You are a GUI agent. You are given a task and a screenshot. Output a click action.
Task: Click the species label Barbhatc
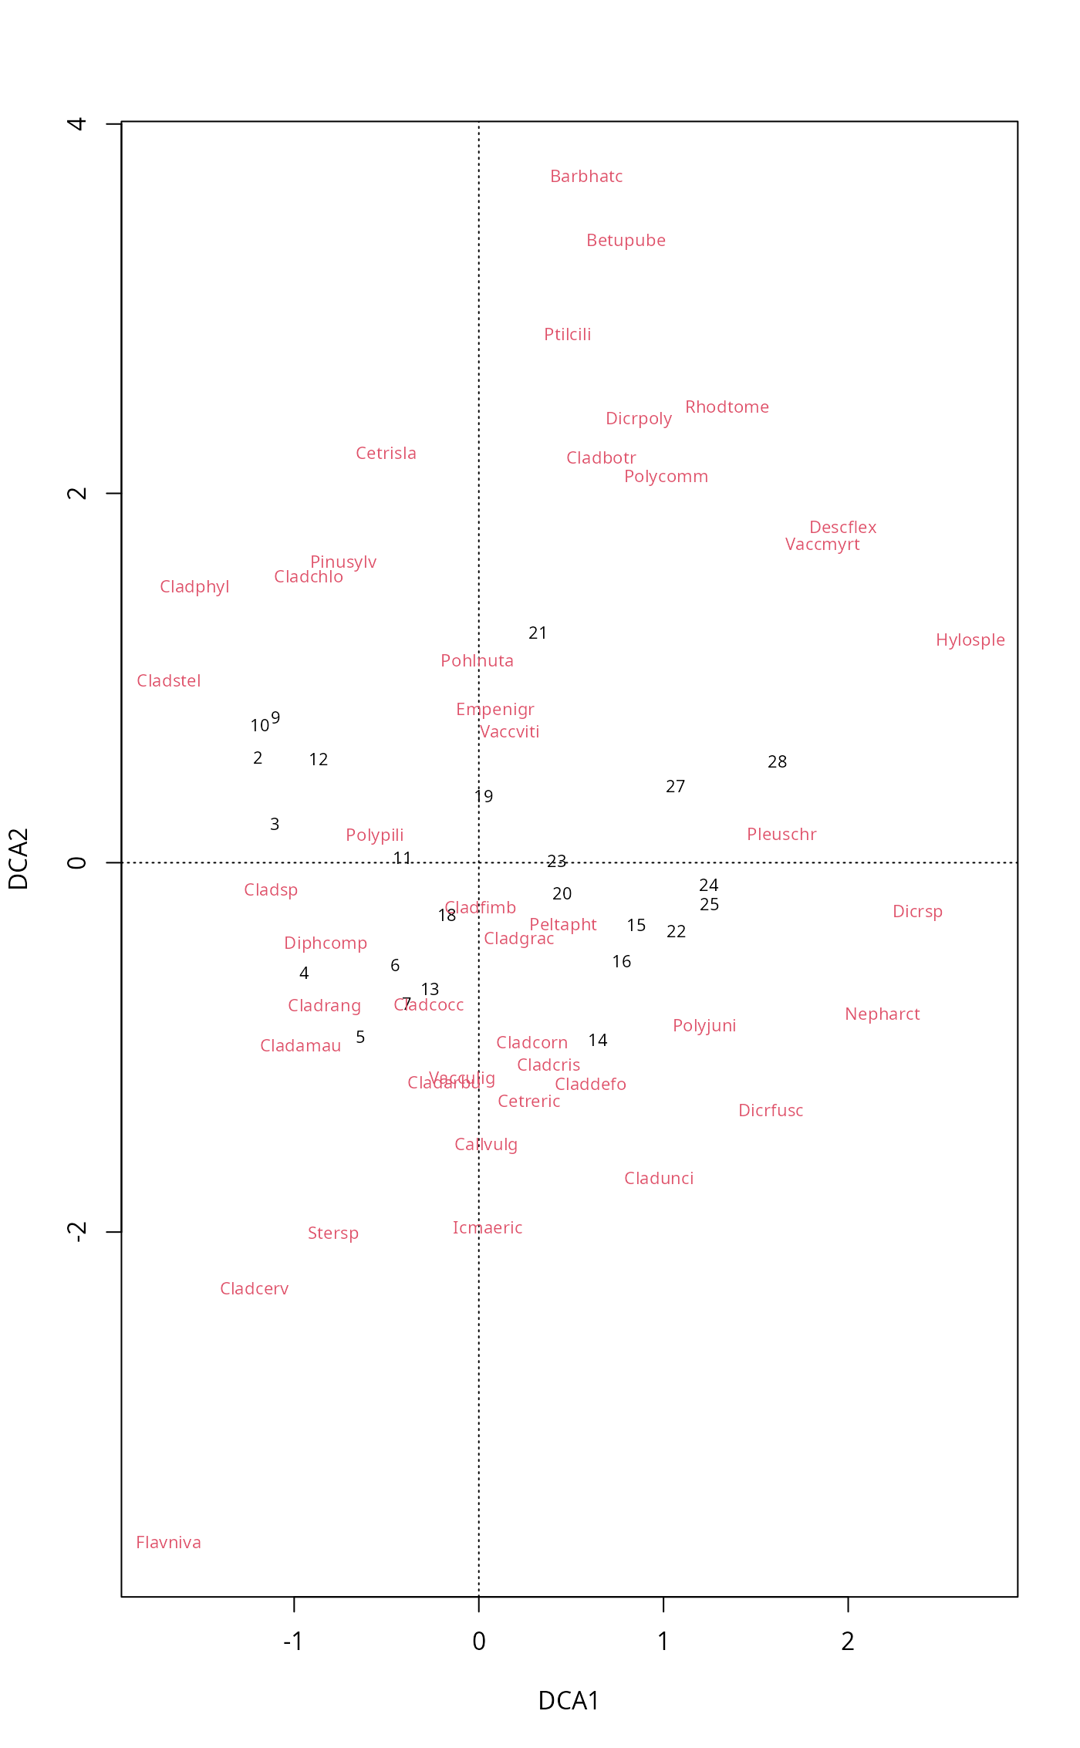point(586,177)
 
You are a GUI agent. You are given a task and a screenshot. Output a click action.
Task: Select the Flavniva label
point(168,1542)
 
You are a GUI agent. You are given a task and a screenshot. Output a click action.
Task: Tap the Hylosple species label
point(970,640)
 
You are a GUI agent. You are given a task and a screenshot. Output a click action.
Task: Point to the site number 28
point(777,762)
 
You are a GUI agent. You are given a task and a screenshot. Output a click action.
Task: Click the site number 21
point(538,633)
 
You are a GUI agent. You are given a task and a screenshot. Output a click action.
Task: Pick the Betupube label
point(626,241)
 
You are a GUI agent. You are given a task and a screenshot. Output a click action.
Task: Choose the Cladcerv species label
point(254,1289)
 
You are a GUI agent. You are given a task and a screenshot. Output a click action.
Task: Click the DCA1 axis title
point(569,1700)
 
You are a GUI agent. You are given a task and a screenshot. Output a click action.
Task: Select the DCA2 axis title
point(19,859)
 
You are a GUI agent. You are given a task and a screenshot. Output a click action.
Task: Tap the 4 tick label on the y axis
point(76,123)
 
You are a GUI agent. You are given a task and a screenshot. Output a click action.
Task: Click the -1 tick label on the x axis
point(292,1642)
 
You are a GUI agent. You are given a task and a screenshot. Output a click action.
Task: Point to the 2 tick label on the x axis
point(848,1642)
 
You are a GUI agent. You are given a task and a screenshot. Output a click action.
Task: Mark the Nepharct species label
point(882,1014)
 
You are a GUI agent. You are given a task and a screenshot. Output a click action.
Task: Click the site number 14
point(598,1041)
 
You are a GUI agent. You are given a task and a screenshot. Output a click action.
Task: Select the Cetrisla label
point(386,454)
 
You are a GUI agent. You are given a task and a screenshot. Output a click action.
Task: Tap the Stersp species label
point(332,1233)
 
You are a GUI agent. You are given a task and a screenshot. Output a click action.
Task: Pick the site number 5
point(360,1038)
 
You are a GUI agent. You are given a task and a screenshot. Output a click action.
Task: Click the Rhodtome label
point(727,407)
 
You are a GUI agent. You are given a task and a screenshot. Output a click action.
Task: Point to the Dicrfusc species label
point(771,1111)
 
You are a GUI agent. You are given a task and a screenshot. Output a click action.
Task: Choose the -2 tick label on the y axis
point(76,1232)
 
